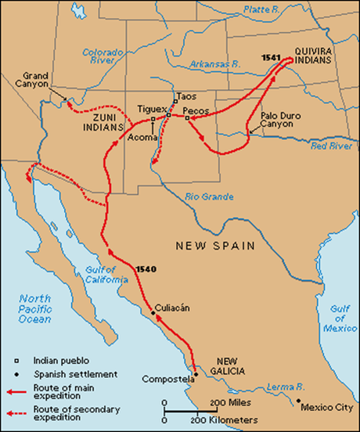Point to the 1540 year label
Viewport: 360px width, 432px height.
coord(146,270)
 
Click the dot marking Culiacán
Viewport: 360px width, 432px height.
coord(153,314)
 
